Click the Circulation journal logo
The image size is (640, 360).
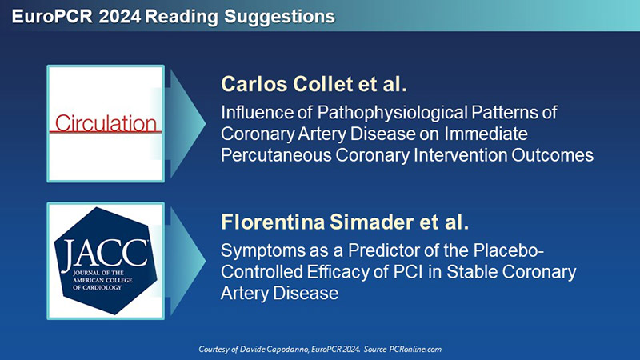(x=106, y=124)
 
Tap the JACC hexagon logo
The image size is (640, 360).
(x=106, y=261)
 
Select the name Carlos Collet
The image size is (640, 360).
(x=287, y=84)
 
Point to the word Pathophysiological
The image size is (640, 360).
(x=392, y=113)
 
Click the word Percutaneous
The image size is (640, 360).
(x=276, y=155)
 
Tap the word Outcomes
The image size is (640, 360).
(x=552, y=155)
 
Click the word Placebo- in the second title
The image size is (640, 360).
(x=509, y=250)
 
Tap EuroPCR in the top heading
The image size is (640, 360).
(x=52, y=17)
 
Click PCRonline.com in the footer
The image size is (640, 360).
(x=415, y=350)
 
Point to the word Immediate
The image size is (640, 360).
(x=486, y=134)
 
